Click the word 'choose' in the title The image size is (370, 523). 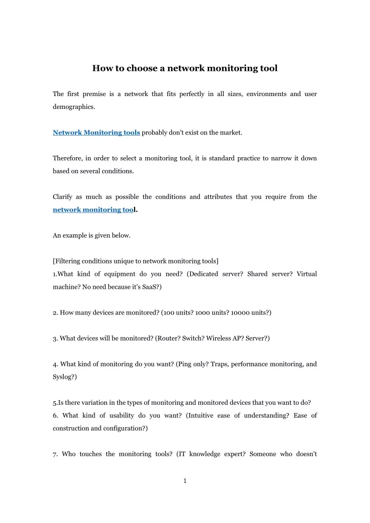[x=137, y=68]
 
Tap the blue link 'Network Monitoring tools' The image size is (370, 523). [x=97, y=133]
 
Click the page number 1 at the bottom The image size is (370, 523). [x=185, y=481]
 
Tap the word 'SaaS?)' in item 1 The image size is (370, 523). [x=150, y=287]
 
